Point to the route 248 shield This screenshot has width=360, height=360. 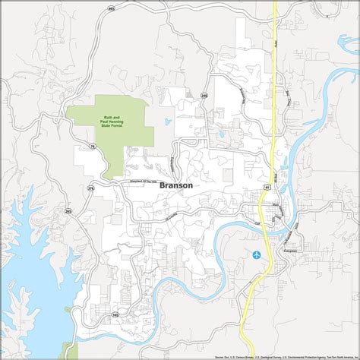204,96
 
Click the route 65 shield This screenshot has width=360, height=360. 267,184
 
